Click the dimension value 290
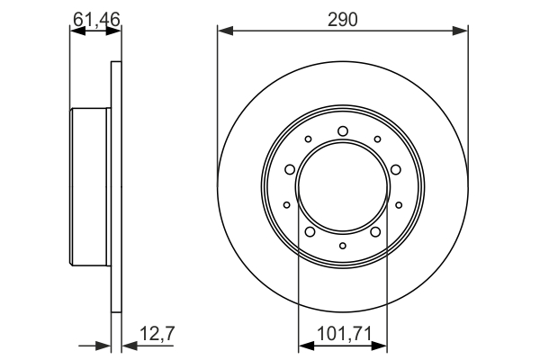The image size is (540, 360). [x=342, y=17]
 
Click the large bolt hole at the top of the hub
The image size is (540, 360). [x=342, y=132]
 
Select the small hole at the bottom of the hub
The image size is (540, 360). [x=342, y=245]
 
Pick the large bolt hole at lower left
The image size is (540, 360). [x=310, y=233]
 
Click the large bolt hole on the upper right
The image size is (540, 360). [x=395, y=169]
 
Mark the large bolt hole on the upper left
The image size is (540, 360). [x=289, y=169]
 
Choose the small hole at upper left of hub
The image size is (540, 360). [x=308, y=139]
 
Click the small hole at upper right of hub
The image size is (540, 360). [x=376, y=139]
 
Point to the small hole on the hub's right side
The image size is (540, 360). [x=398, y=205]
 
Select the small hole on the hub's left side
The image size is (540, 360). [x=286, y=205]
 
